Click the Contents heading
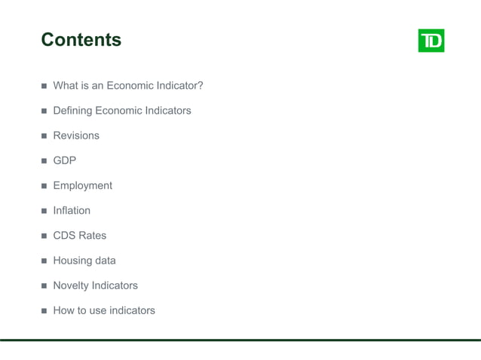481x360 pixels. point(81,40)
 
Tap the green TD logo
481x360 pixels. point(431,41)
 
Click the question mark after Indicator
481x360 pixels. point(200,86)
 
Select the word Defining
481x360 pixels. point(72,111)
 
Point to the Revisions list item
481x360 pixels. point(76,136)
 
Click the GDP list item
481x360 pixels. point(64,160)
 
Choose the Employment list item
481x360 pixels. point(82,185)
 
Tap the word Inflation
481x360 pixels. point(72,210)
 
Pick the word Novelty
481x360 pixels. point(71,285)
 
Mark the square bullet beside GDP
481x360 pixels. point(44,161)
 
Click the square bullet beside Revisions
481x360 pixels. point(44,136)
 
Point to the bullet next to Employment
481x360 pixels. point(44,186)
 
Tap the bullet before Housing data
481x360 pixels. point(44,261)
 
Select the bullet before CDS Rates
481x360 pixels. point(44,236)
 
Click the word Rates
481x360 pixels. point(92,236)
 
